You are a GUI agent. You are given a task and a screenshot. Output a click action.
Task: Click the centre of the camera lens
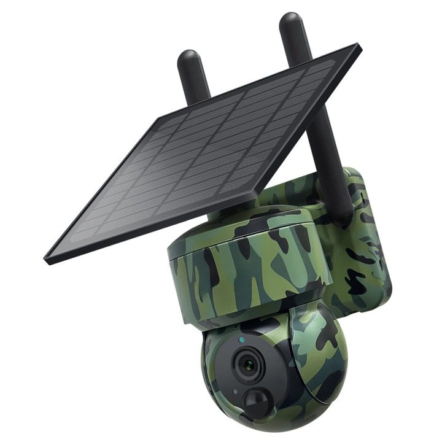[x=248, y=365]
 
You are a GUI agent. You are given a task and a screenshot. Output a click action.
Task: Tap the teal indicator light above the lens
[x=242, y=339]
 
